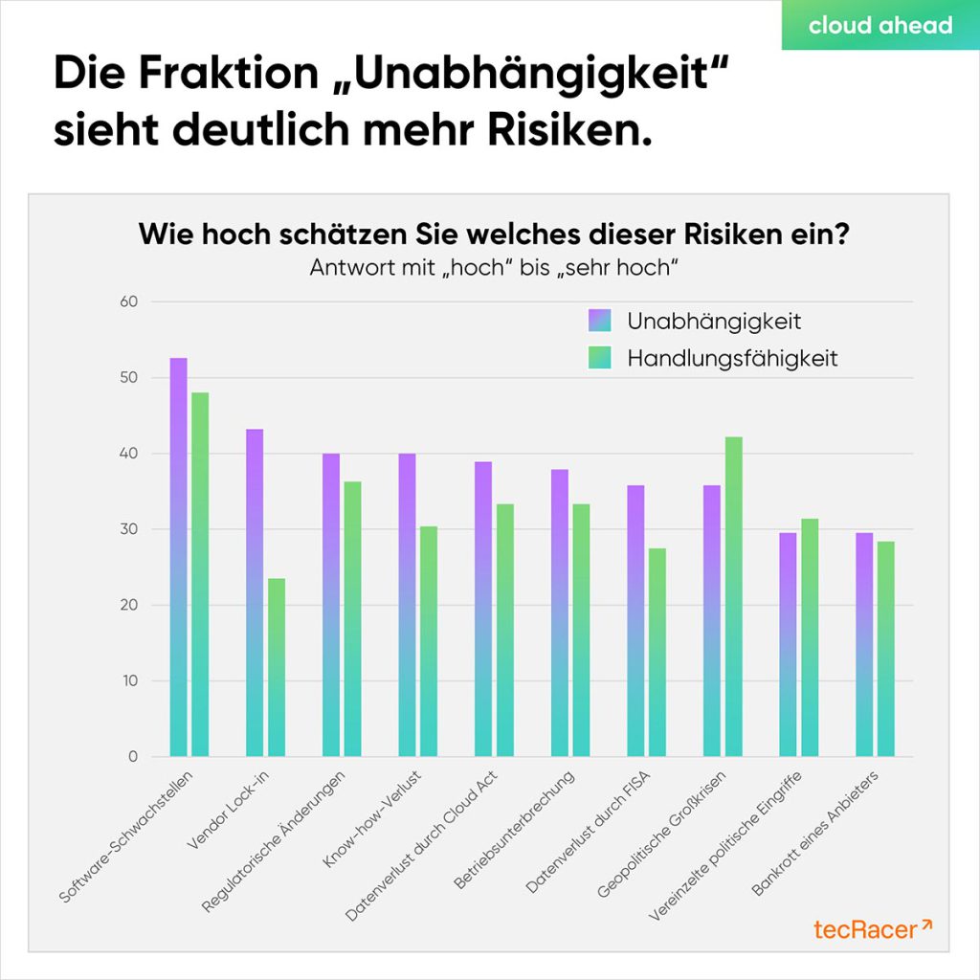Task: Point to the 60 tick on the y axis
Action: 129,302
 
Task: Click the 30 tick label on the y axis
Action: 129,529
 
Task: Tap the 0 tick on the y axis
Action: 132,757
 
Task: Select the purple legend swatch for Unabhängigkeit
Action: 598,322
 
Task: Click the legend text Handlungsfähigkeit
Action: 732,359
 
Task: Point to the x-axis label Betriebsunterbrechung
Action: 518,828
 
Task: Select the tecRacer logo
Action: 872,928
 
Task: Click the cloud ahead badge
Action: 880,26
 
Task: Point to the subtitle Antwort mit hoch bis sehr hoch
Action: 494,268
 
